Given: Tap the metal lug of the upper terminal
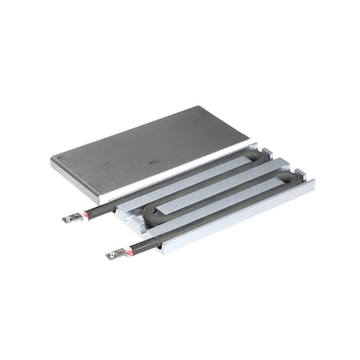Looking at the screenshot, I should point(70,217).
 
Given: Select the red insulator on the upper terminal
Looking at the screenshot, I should point(82,214).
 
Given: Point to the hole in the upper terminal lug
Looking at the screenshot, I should point(68,218).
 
